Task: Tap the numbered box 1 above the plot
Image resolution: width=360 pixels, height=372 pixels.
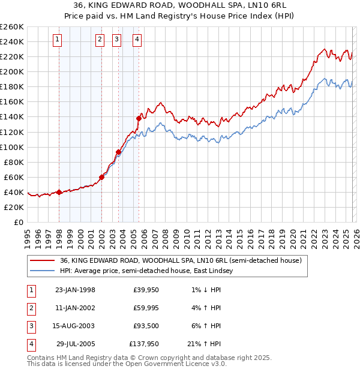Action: click(57, 40)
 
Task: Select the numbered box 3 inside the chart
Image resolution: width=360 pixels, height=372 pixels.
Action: click(116, 40)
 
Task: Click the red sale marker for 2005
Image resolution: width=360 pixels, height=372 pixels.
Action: click(139, 118)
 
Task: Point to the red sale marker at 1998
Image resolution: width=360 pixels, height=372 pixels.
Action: click(59, 192)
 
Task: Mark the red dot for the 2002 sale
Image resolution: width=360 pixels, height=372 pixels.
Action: click(101, 177)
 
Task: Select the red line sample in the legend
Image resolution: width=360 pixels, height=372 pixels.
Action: click(42, 260)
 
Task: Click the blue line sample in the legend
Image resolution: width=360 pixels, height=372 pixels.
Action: click(42, 271)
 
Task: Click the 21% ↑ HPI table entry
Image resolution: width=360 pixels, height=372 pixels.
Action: click(205, 344)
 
